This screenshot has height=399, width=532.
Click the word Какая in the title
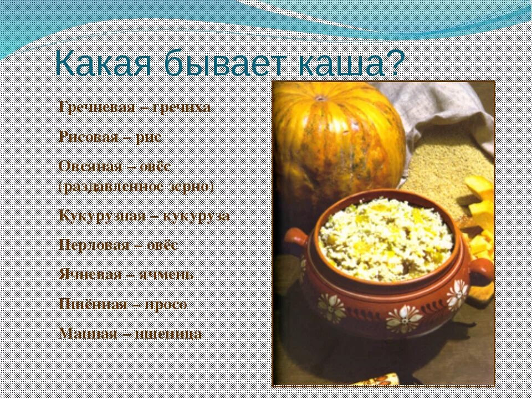click(103, 65)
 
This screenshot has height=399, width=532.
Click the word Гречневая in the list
click(97, 107)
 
